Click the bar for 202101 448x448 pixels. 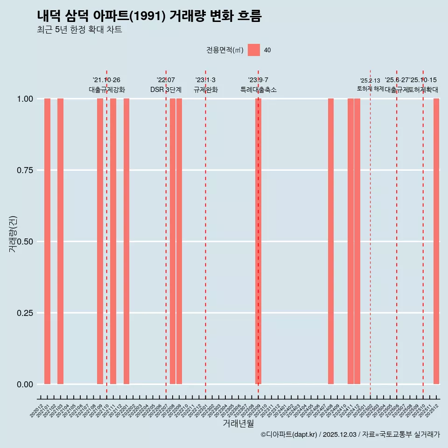[x=47, y=241]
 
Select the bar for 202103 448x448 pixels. [x=60, y=241]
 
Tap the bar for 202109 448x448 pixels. [x=100, y=241]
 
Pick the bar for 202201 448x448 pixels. [x=126, y=241]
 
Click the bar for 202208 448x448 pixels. [x=173, y=241]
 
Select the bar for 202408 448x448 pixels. [x=331, y=241]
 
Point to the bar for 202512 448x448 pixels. [x=436, y=241]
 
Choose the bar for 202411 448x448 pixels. [x=350, y=241]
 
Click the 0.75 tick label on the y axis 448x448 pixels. [x=24, y=170]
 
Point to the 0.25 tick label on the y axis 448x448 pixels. [x=24, y=313]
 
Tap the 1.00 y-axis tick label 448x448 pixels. [x=24, y=99]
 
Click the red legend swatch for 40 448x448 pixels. [x=254, y=50]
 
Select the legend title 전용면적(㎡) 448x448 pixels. [x=225, y=50]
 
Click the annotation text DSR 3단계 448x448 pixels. [x=166, y=90]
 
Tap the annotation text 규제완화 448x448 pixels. [x=206, y=90]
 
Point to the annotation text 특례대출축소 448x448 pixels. [x=259, y=90]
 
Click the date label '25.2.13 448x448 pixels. [x=370, y=81]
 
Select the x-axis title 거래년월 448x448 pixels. [x=238, y=424]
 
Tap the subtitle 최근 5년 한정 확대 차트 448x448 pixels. [x=79, y=30]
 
